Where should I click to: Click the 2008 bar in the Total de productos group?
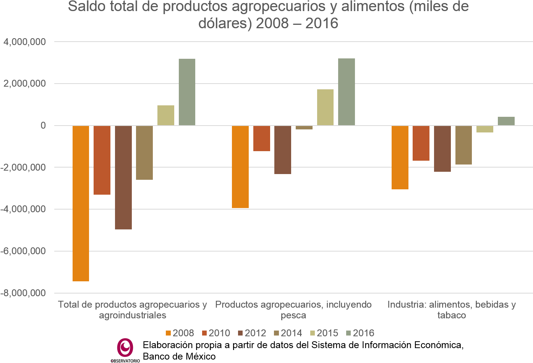[x=81, y=203]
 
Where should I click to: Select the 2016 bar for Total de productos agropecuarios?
[x=187, y=92]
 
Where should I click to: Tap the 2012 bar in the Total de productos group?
[x=123, y=177]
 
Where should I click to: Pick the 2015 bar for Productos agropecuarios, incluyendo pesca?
[x=325, y=107]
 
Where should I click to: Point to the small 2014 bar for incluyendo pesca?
[x=304, y=127]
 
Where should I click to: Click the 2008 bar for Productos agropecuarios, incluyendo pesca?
[x=240, y=166]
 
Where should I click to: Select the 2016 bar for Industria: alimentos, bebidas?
[x=506, y=121]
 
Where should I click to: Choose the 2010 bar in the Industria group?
[x=421, y=143]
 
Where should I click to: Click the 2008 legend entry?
[x=180, y=333]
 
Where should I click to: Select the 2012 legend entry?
[x=252, y=333]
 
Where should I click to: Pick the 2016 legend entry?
[x=360, y=333]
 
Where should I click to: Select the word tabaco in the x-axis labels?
[x=452, y=315]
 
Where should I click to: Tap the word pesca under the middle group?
[x=293, y=315]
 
